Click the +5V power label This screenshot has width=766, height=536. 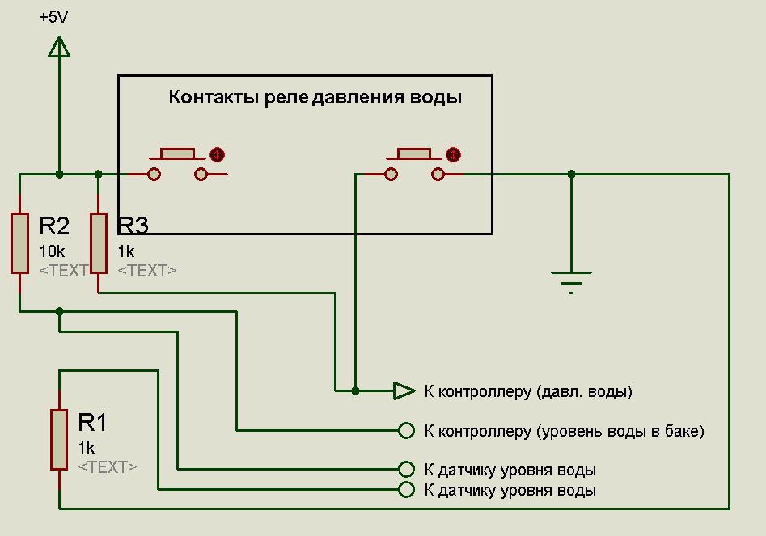(53, 16)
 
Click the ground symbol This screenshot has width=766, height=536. (571, 279)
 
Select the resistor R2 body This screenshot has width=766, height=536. (20, 243)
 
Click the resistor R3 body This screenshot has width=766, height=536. (98, 243)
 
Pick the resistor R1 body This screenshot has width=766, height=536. (59, 439)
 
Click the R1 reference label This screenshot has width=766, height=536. (92, 422)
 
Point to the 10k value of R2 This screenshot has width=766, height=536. (53, 251)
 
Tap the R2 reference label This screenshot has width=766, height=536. (54, 226)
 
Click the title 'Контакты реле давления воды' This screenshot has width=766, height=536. (315, 99)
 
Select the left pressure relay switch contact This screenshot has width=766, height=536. (178, 165)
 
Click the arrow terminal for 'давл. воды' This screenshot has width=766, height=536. (404, 391)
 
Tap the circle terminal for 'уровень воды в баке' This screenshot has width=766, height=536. (406, 430)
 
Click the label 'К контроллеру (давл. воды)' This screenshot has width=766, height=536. (527, 392)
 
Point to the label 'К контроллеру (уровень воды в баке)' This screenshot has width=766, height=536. (564, 431)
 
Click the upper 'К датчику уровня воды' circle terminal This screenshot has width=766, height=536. (406, 469)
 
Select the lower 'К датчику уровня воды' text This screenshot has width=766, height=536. (510, 491)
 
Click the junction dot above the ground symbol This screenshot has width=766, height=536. (571, 174)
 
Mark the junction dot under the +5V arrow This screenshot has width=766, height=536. (59, 174)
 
